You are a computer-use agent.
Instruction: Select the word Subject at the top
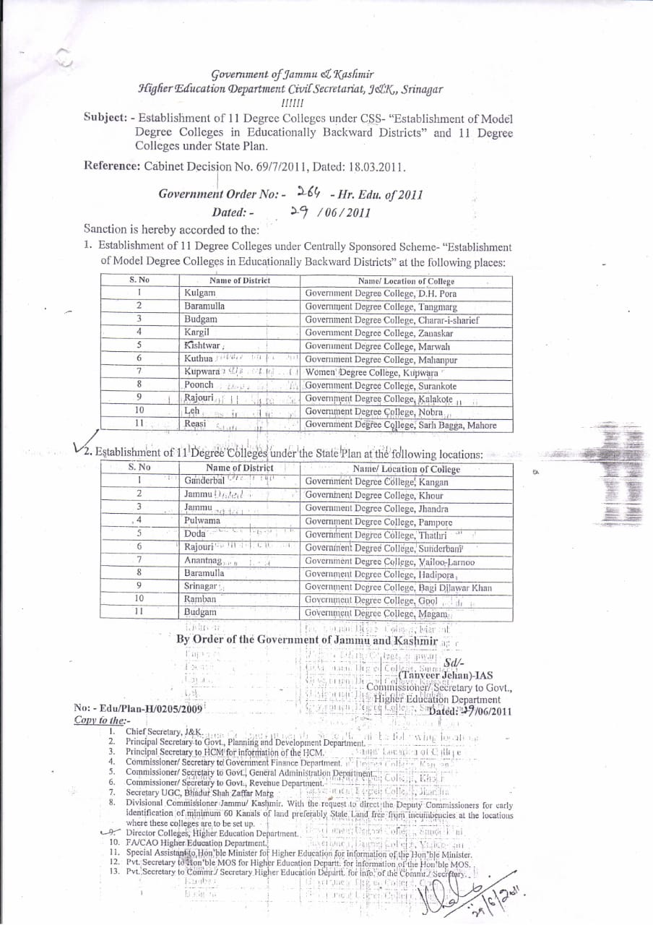pyautogui.click(x=107, y=116)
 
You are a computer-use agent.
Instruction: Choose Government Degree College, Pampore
pyautogui.click(x=379, y=521)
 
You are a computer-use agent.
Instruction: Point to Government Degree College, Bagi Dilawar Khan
pyautogui.click(x=398, y=587)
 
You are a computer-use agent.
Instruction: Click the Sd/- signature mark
pyautogui.click(x=455, y=663)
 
